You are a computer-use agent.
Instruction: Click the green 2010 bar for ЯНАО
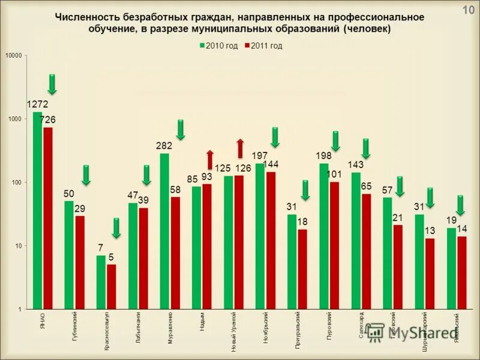(37, 210)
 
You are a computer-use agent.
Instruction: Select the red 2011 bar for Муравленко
(175, 253)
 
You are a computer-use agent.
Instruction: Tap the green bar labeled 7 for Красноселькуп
(101, 282)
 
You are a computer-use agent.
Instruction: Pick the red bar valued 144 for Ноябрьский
(271, 240)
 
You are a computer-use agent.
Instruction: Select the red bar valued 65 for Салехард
(366, 251)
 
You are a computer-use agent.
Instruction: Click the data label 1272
(37, 104)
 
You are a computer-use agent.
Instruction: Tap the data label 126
(243, 167)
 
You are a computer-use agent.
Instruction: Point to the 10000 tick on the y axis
(13, 56)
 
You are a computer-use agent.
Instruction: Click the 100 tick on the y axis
(16, 182)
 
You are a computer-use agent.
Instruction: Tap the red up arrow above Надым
(210, 159)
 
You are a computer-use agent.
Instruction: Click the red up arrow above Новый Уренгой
(240, 148)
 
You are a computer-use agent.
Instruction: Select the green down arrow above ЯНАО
(52, 84)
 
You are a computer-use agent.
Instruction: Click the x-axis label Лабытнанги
(138, 326)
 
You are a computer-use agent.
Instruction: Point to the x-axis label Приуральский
(298, 330)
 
